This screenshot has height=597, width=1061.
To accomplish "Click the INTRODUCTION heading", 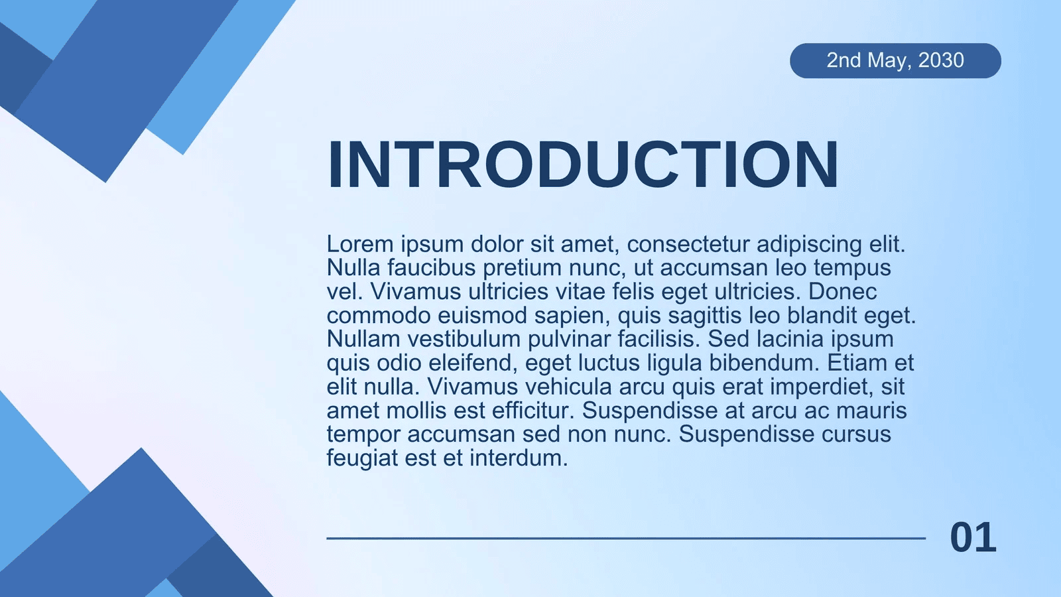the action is click(583, 165).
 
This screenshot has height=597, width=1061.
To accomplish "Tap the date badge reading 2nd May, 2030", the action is click(895, 60).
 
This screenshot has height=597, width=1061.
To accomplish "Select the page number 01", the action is click(973, 537).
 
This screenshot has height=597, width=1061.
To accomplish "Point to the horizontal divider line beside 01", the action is click(626, 538).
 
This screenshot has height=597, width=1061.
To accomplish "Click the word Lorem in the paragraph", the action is click(360, 244).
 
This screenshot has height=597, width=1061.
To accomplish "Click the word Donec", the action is click(842, 291).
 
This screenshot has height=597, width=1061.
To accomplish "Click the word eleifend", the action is click(470, 364).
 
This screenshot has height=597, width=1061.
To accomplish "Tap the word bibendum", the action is click(764, 363).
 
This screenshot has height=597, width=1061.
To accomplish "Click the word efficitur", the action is click(533, 411).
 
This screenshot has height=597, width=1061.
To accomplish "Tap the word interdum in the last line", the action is click(519, 458).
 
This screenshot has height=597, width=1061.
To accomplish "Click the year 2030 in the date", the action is click(941, 60).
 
